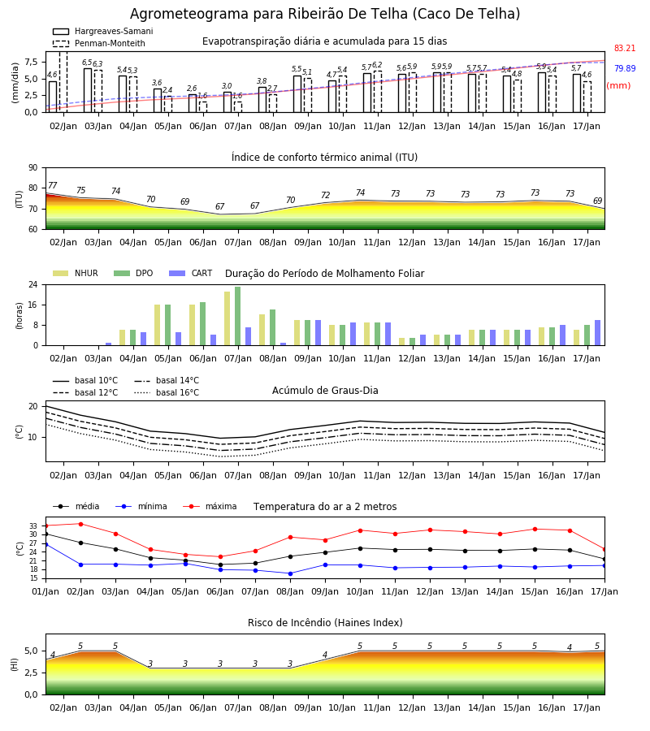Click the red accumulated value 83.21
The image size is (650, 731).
tap(625, 48)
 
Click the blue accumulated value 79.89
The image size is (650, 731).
tap(625, 68)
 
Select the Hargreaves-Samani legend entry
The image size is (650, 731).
tap(103, 31)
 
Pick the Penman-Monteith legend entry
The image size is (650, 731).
tap(99, 43)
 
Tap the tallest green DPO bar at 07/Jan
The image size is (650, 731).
tap(238, 316)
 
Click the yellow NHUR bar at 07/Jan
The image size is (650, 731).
tap(227, 318)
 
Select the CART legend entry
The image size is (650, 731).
tap(191, 273)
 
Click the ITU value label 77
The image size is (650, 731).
tap(52, 185)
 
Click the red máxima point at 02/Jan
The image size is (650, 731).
tap(80, 524)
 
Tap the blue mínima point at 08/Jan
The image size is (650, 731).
tap(291, 573)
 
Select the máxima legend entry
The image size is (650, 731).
tap(210, 506)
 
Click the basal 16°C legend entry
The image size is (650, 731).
tap(167, 392)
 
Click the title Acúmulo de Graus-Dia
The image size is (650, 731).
tap(325, 390)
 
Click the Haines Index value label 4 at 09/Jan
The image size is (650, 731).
tap(326, 655)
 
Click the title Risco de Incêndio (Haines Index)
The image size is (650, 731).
tap(325, 623)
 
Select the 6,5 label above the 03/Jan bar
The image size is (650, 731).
tap(87, 63)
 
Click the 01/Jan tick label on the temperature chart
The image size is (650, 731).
tap(45, 591)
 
